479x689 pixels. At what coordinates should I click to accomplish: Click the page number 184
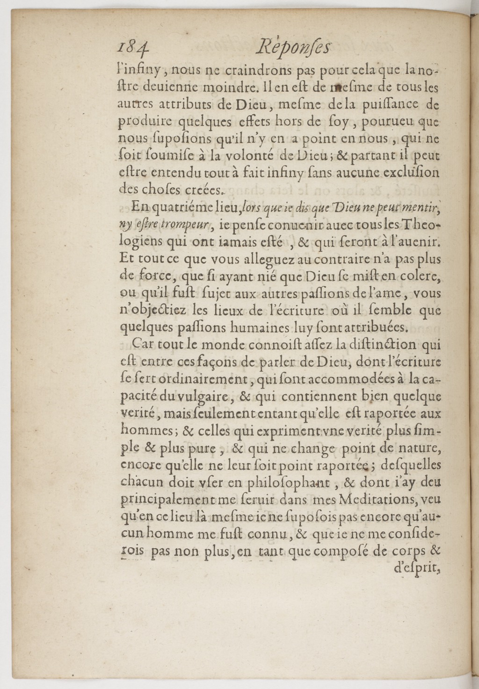pos(133,48)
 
